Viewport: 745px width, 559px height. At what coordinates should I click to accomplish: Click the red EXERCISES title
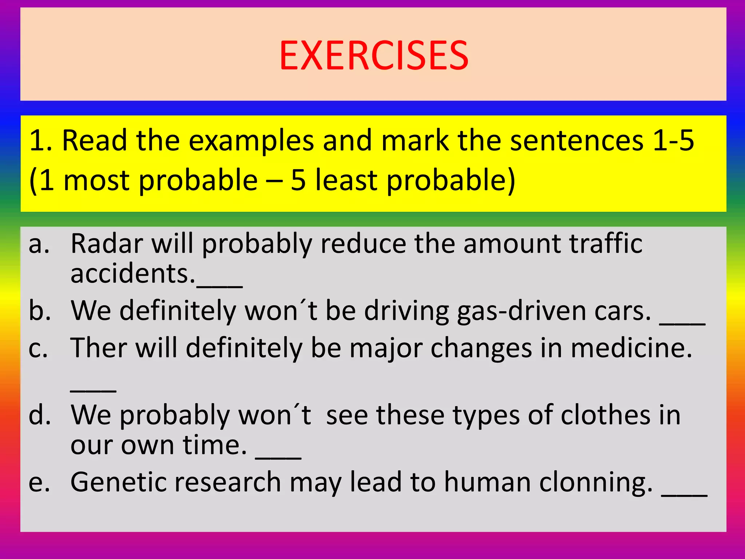coord(374,56)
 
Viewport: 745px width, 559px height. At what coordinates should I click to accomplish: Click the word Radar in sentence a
coord(107,243)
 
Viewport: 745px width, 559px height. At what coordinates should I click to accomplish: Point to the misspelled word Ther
coord(98,348)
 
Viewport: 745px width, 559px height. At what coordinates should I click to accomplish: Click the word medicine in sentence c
coord(631,348)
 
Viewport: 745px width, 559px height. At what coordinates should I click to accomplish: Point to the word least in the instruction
coord(346,180)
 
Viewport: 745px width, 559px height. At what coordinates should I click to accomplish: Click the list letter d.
coord(39,415)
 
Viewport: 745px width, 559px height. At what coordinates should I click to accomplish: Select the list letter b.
coord(39,311)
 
